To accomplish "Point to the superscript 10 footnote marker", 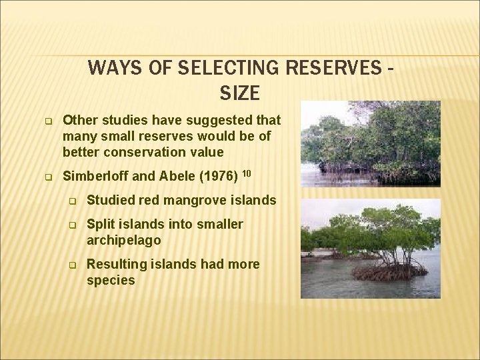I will [245, 173].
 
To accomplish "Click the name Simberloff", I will [93, 177].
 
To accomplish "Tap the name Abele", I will [171, 177].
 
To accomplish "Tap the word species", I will [111, 280].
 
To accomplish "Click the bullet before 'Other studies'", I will [49, 121].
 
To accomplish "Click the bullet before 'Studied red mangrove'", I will [75, 201].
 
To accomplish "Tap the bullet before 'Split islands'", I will [75, 225].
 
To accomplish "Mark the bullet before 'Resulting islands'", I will [75, 265].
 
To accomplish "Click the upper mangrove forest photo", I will [370, 143].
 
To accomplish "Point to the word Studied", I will [109, 200].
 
